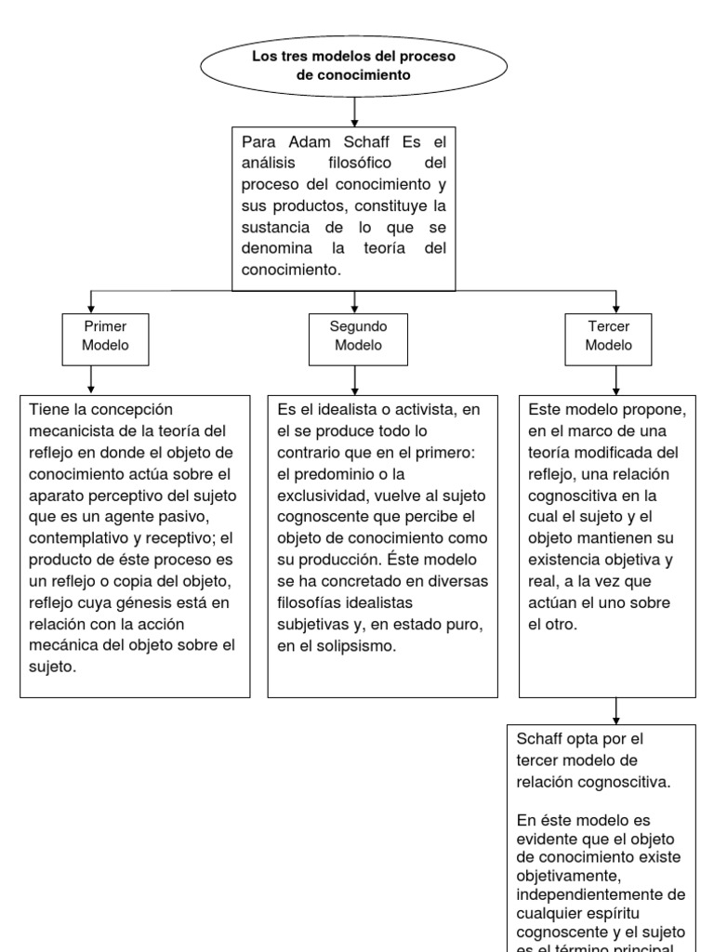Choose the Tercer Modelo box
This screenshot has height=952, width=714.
(x=610, y=336)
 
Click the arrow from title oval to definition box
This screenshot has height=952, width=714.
(x=354, y=111)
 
